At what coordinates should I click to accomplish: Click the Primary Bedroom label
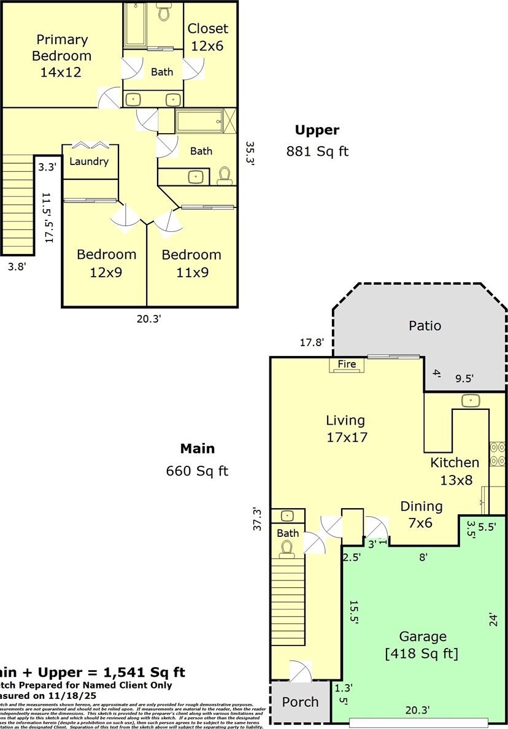click(61, 56)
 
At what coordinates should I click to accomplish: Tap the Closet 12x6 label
click(207, 36)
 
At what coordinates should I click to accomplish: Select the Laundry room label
click(89, 161)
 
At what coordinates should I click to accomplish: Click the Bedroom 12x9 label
click(106, 263)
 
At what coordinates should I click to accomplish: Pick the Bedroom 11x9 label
click(191, 263)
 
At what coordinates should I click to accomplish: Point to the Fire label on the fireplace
click(347, 364)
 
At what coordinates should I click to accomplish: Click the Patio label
click(425, 325)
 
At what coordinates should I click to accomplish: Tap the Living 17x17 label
click(345, 429)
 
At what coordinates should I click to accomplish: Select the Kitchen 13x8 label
click(454, 471)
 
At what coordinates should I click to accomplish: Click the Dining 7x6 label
click(421, 514)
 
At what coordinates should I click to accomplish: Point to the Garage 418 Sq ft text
click(422, 645)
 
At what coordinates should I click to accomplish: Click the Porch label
click(300, 702)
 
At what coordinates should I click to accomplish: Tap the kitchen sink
click(471, 401)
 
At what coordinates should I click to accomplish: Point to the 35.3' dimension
click(250, 153)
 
